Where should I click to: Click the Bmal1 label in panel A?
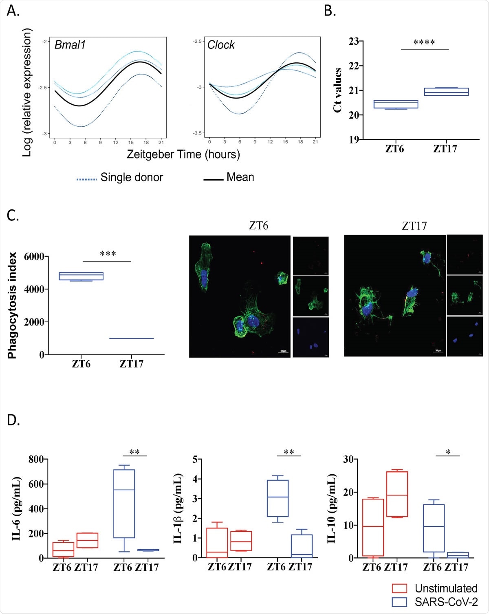[70, 45]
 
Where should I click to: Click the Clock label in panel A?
[221, 45]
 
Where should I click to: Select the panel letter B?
[330, 11]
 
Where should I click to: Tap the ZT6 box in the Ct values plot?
[396, 104]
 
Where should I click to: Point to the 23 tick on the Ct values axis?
[354, 41]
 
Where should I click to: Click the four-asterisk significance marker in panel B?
[424, 42]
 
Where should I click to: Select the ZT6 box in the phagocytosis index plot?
[81, 276]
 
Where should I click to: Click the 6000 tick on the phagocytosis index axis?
[34, 257]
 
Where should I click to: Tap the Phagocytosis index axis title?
[12, 306]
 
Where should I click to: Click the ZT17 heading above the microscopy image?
[414, 226]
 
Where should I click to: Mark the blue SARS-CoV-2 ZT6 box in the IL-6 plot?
[124, 504]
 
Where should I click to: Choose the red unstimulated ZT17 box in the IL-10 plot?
[397, 494]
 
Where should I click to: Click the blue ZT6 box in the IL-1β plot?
[278, 498]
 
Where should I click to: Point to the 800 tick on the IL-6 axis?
[36, 460]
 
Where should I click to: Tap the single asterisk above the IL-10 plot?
[448, 452]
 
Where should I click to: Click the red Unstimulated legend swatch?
[399, 588]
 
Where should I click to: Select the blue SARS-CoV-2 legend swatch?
[399, 602]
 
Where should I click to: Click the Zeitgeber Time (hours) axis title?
[183, 154]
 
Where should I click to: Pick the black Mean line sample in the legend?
[213, 179]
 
